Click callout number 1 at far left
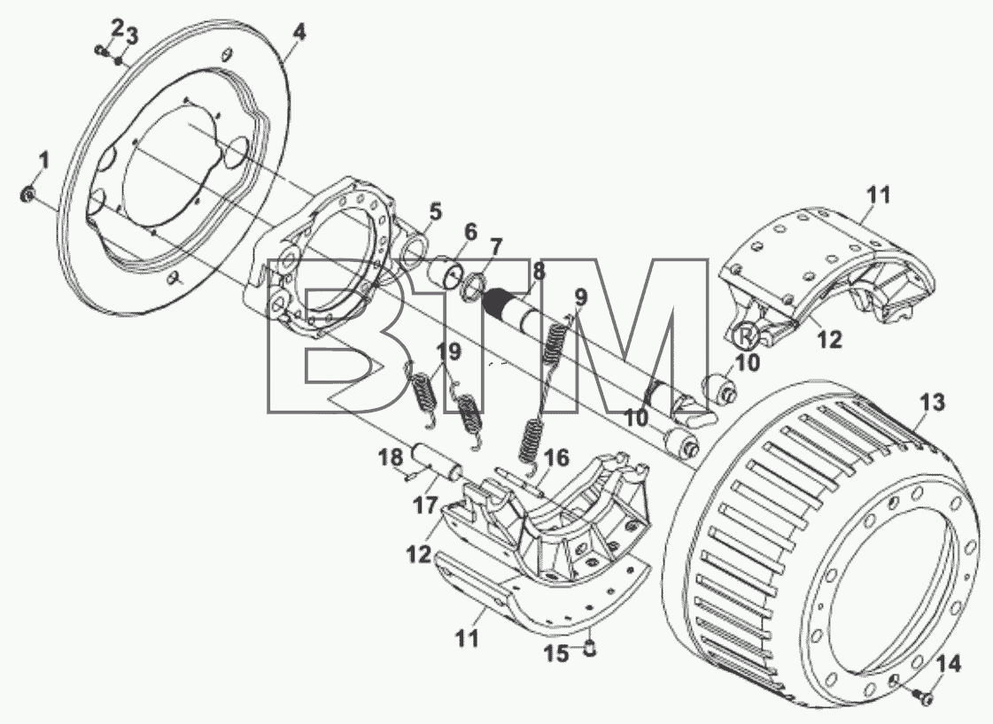pyautogui.click(x=43, y=161)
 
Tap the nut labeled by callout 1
pyautogui.click(x=27, y=195)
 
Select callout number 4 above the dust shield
pyautogui.click(x=299, y=32)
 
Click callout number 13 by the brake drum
pyautogui.click(x=932, y=402)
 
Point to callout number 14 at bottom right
pyautogui.click(x=949, y=665)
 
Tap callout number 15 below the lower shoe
pyautogui.click(x=556, y=654)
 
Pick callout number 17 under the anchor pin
pyautogui.click(x=425, y=505)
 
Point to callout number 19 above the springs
pyautogui.click(x=449, y=352)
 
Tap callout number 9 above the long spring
pyautogui.click(x=581, y=297)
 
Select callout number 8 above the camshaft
pyautogui.click(x=539, y=272)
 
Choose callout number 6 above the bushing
pyautogui.click(x=469, y=232)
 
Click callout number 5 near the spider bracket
pyautogui.click(x=434, y=212)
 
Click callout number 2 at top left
pyautogui.click(x=117, y=27)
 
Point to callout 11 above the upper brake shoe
pyautogui.click(x=878, y=195)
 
